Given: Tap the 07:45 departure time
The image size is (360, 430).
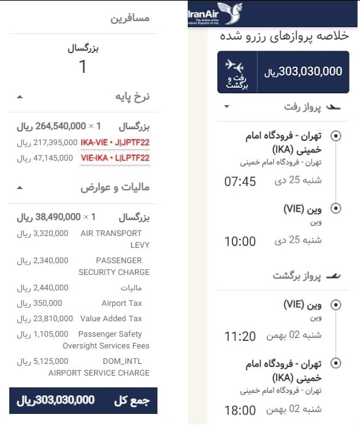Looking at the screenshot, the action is point(240,182).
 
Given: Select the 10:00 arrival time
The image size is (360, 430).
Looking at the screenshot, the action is point(240,242).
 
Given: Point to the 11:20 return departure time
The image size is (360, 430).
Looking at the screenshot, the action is point(240,337).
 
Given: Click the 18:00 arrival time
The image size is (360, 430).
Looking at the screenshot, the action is point(240,410).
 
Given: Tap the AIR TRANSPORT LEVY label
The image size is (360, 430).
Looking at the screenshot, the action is point(115,239).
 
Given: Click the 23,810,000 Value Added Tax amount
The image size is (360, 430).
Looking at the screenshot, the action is point(43,319).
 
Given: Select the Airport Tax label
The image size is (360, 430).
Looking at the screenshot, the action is point(122,303).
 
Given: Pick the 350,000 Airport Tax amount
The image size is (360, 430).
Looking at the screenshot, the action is point(47,303).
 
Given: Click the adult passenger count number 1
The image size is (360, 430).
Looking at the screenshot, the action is point(83,67).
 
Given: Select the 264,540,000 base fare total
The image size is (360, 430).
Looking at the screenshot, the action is point(52,127).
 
